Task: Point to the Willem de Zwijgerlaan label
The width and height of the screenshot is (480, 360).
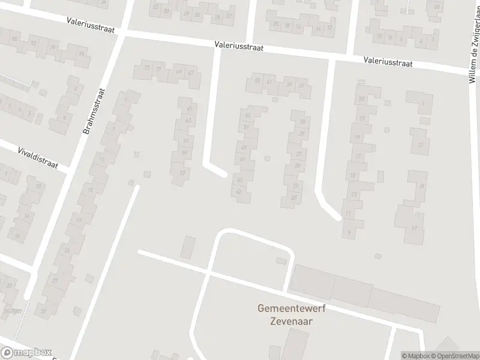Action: [473, 50]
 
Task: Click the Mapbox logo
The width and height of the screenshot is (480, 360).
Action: [26, 353]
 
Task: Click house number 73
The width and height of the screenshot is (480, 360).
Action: [147, 68]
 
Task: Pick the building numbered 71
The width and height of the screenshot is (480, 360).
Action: [158, 69]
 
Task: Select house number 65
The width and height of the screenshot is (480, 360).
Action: [190, 109]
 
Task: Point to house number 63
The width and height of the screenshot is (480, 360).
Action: [188, 121]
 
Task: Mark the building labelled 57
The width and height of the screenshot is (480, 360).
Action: [182, 173]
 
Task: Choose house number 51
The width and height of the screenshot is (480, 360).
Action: [246, 127]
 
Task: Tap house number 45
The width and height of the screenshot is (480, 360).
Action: [241, 179]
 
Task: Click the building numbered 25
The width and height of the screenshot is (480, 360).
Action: [293, 197]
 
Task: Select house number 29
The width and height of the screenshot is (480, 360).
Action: [297, 166]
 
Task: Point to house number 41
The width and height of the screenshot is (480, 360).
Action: [269, 82]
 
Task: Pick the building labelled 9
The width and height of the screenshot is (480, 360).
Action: [349, 232]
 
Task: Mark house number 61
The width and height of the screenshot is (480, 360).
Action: [186, 141]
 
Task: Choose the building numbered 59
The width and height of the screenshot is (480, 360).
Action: [184, 152]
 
